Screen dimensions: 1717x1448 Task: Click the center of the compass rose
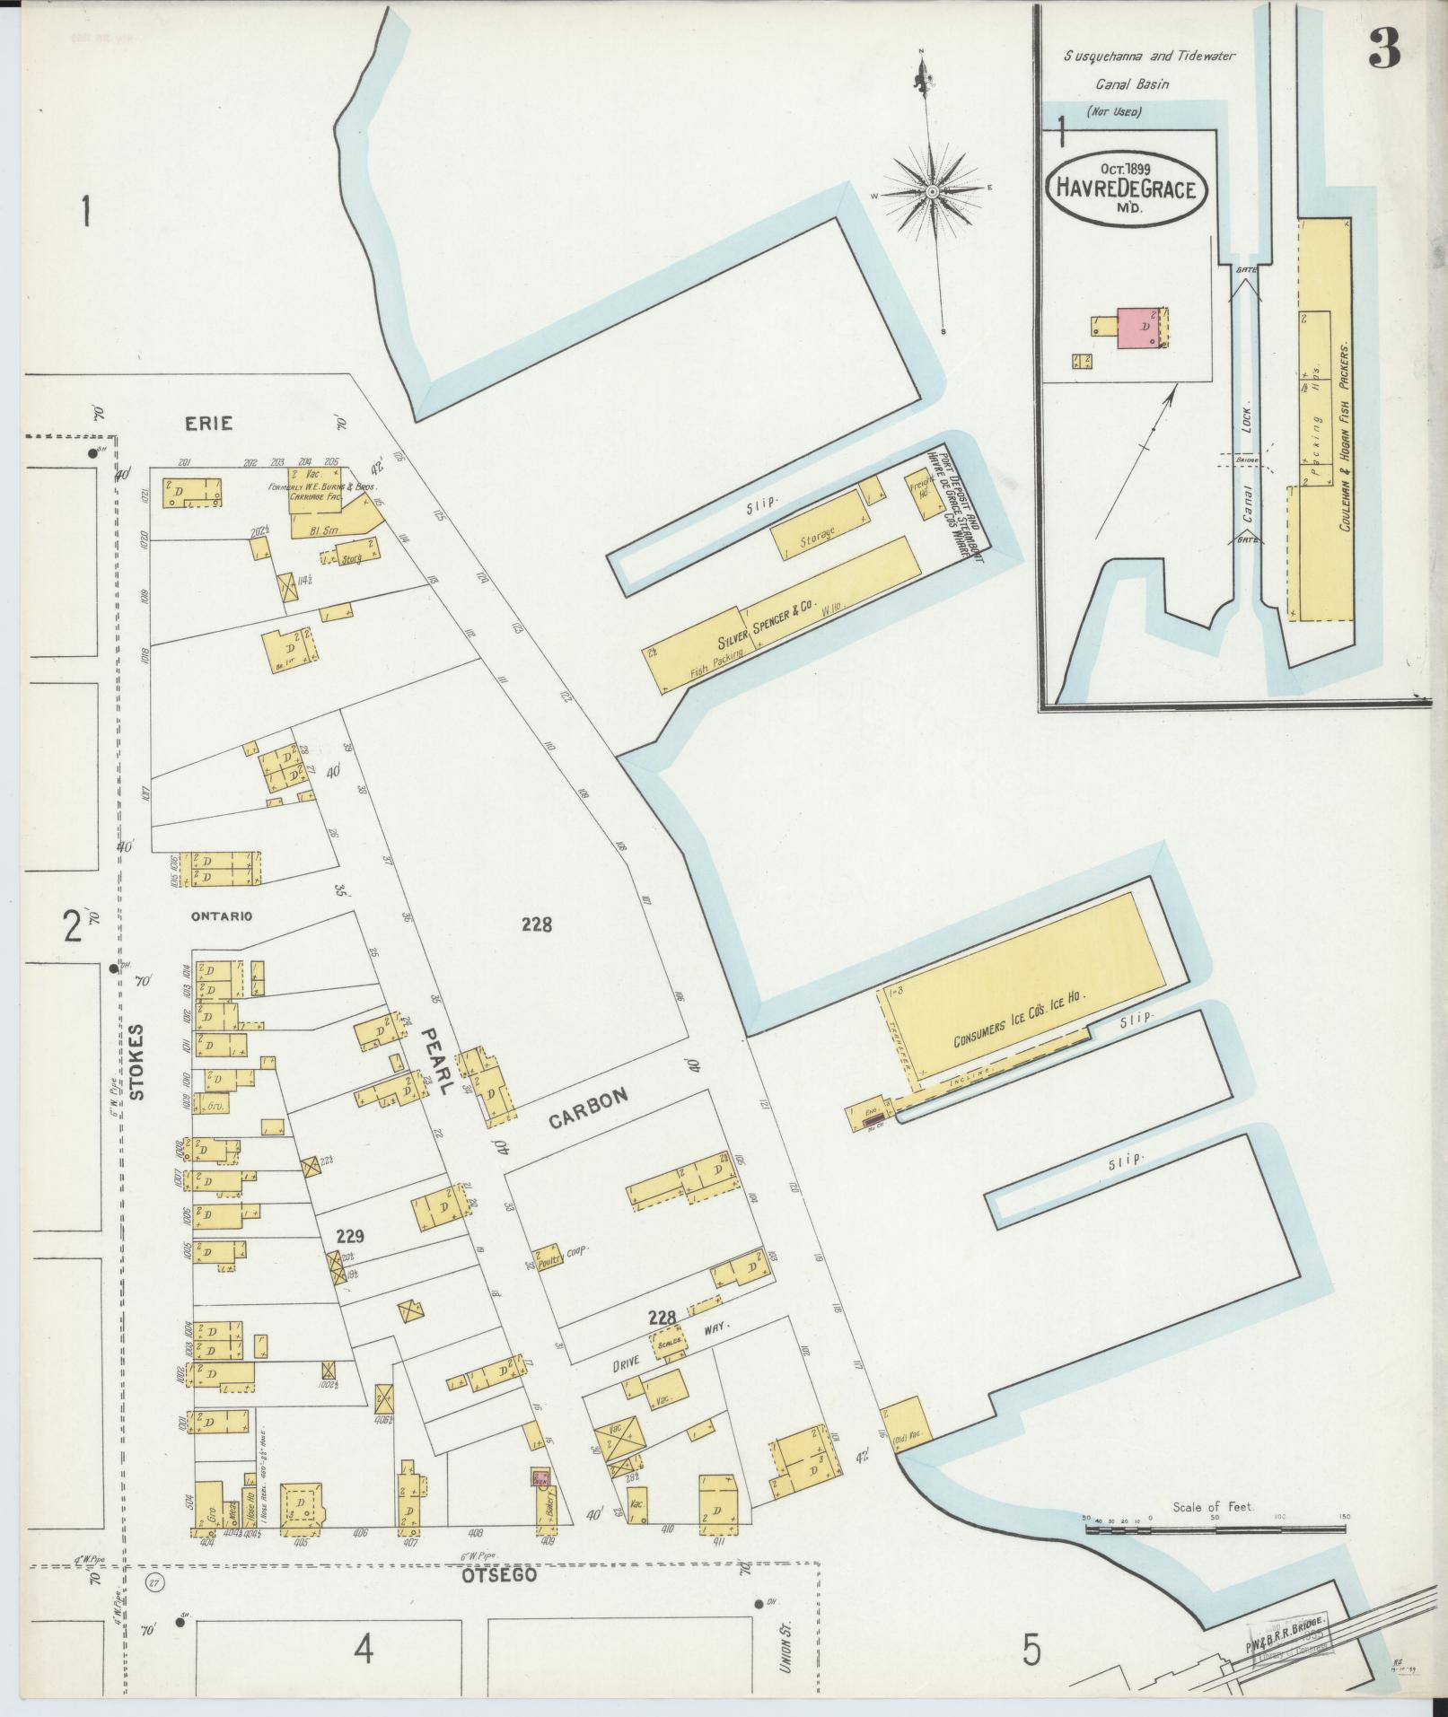(x=933, y=192)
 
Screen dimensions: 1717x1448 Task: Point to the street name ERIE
(x=209, y=423)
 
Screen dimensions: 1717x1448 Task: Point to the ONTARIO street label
(x=221, y=916)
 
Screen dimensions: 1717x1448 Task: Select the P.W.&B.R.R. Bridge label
(x=1286, y=1627)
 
